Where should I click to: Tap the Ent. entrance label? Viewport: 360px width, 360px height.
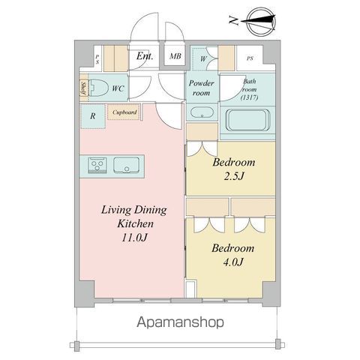click(145, 55)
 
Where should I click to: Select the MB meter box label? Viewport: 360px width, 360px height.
click(175, 55)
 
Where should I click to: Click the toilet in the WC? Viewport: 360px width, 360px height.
click(99, 88)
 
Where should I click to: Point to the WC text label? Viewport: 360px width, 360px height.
click(118, 88)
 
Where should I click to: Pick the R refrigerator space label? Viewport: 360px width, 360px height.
click(91, 115)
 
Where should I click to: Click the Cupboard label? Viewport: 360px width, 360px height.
click(124, 112)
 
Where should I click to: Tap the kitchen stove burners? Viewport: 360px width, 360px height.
click(97, 164)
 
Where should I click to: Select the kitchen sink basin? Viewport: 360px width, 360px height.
click(126, 165)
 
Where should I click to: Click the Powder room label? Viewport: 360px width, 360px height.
click(202, 88)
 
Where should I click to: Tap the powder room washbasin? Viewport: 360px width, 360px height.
click(202, 113)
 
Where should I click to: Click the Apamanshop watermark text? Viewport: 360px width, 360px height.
click(180, 322)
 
